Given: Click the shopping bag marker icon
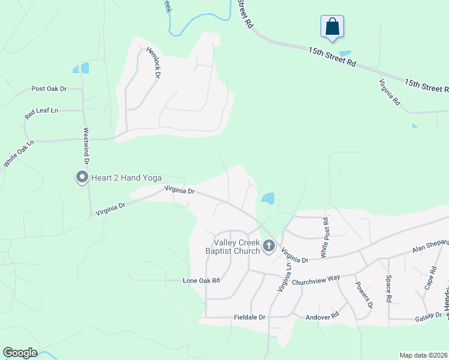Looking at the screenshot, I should coord(333,27).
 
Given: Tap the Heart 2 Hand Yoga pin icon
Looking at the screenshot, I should coord(81,177).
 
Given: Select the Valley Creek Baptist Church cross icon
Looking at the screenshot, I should coord(269,245).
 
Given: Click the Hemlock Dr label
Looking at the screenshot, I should coord(153,63).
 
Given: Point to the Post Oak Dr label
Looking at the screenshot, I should coord(49,89).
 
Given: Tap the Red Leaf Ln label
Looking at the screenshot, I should coord(41,111).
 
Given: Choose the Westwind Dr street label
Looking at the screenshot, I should coord(86,146).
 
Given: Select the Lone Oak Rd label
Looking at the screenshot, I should coord(202,280).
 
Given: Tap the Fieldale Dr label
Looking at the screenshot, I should coord(249,317).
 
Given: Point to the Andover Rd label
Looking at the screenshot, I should coord(322,315).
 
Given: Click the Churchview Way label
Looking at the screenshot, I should coord(316,278).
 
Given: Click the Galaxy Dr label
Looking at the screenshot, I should coord(429,315).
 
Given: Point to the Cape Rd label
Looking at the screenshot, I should coord(429,279).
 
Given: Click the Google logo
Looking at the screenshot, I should coord(20,353).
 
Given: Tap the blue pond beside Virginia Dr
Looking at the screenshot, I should coord(268,198).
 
